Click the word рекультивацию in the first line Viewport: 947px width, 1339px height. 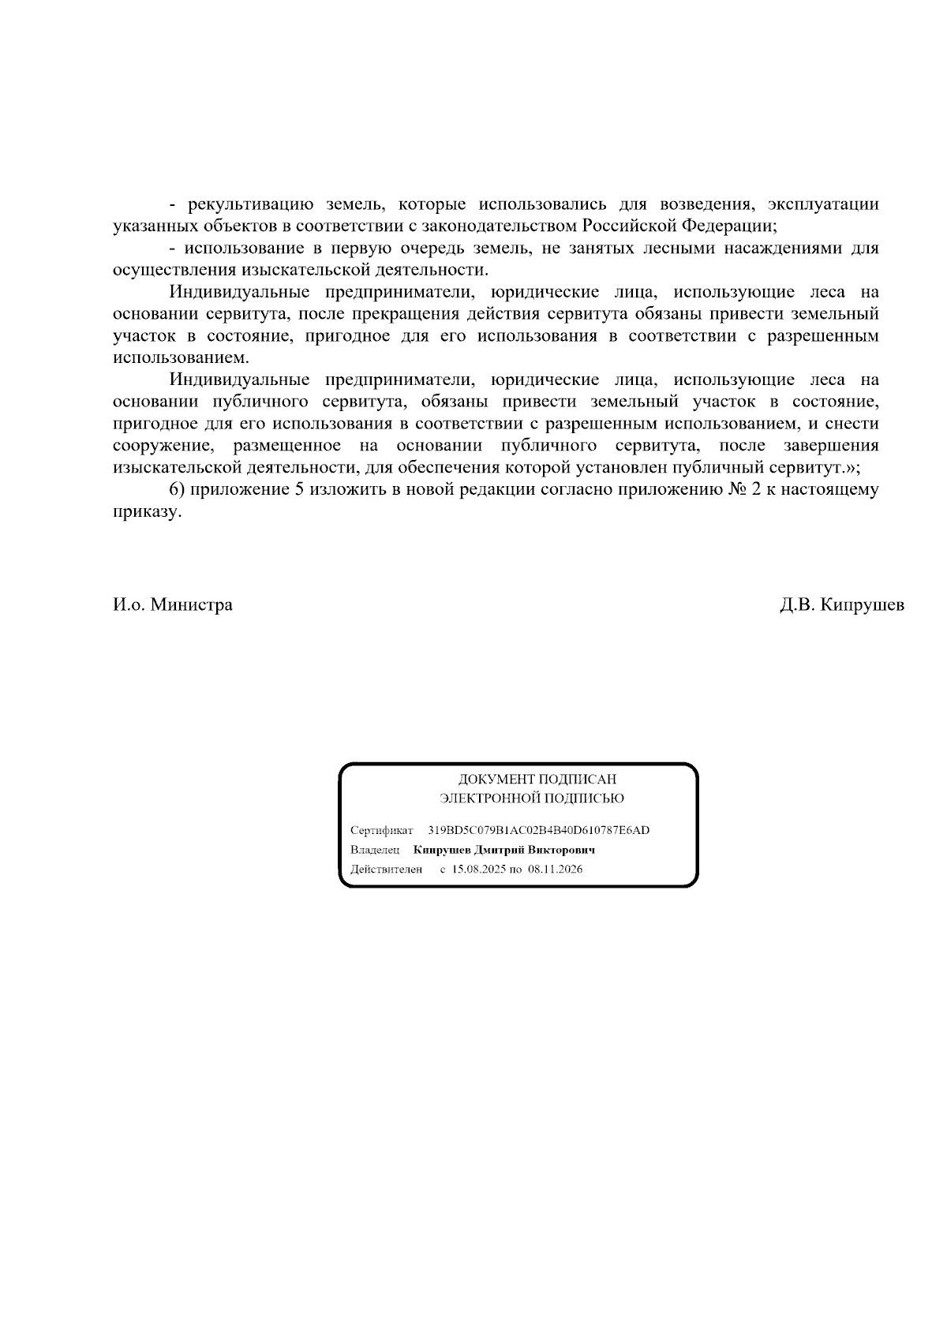point(252,205)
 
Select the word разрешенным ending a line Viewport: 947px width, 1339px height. point(823,336)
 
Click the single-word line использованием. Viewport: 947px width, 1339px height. point(181,357)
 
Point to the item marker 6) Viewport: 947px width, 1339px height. point(177,489)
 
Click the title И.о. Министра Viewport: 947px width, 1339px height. point(173,605)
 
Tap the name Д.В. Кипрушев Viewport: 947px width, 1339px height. point(842,605)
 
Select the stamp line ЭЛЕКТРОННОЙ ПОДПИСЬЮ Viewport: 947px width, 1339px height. point(532,799)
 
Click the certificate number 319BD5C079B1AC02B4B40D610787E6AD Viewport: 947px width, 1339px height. point(539,830)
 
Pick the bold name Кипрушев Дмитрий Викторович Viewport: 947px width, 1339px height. point(503,850)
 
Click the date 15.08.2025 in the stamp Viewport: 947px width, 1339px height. point(478,870)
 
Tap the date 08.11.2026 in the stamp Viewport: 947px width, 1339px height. point(556,870)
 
